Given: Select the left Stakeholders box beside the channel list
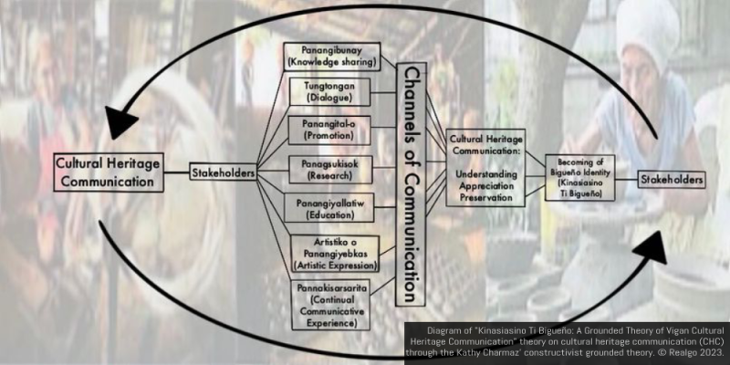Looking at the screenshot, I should pos(222,171).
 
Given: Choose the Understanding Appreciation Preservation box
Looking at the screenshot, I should pos(485,167).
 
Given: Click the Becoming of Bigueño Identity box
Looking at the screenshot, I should pos(580,177).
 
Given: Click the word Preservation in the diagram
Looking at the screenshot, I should pos(485,193).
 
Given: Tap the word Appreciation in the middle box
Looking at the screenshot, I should pos(485,182).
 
